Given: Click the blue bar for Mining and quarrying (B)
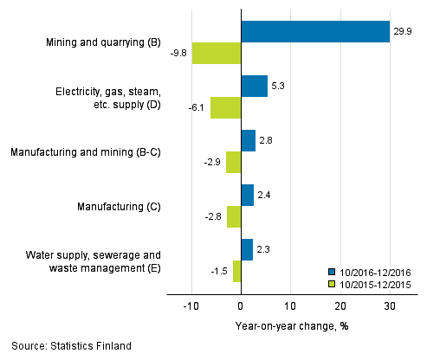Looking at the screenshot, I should coord(315,31).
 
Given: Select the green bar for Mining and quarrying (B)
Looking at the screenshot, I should coord(216,53).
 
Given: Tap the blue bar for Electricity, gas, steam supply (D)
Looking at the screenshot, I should coord(254,86).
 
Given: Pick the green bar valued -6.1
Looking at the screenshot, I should coord(225,107).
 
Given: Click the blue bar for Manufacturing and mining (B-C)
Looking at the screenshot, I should coord(248,140).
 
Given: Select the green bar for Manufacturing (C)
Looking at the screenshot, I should coord(234,217).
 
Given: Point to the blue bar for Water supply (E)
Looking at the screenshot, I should coord(247,249).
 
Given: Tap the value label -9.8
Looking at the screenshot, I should coord(178,53).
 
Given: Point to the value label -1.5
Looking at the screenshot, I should coord(220,272).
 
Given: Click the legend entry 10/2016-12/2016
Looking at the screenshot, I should coord(373,271).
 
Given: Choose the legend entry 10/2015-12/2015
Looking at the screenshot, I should coord(373,283).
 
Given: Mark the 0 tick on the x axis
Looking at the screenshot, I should coord(241,306).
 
